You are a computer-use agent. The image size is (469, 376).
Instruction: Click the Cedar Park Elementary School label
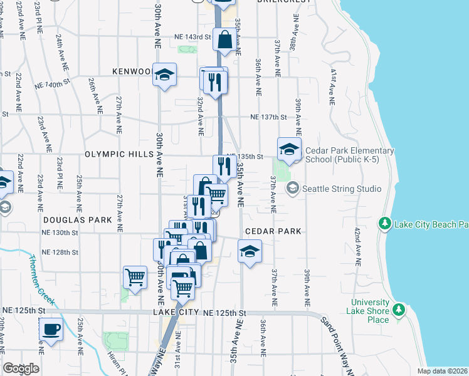pyautogui.click(x=350, y=155)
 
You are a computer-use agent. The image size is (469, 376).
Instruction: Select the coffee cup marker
pyautogui.click(x=51, y=330)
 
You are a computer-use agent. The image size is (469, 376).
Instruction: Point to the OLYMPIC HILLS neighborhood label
pyautogui.click(x=119, y=154)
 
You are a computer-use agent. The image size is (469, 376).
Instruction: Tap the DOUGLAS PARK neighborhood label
pyautogui.click(x=78, y=220)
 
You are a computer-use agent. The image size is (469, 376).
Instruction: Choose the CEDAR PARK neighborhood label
pyautogui.click(x=273, y=231)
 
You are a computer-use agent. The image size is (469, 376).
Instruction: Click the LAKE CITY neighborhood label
pyautogui.click(x=175, y=312)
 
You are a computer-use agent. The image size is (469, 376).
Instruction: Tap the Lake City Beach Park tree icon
pyautogui.click(x=384, y=224)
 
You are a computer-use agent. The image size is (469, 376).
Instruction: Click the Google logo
pyautogui.click(x=21, y=368)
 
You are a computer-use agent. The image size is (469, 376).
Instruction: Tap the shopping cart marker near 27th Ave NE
pyautogui.click(x=135, y=277)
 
